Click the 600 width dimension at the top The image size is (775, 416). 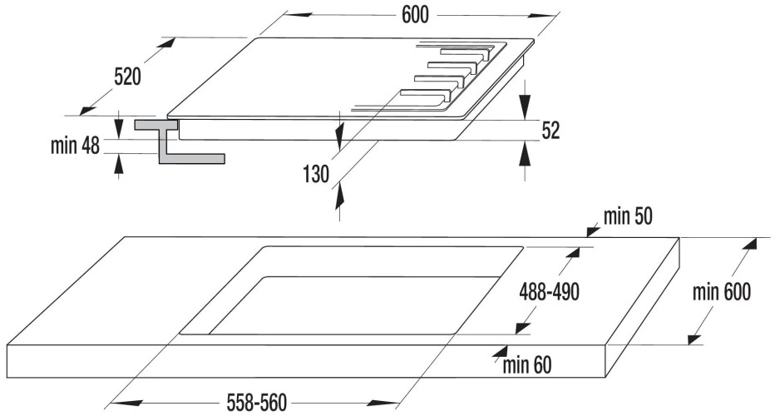point(415,15)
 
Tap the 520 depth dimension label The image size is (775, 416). point(127,77)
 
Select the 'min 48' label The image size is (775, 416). point(75,146)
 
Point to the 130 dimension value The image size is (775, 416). point(316,174)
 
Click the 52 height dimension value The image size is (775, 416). point(550,130)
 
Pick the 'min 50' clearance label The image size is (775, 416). point(628,216)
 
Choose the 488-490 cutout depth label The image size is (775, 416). point(549,292)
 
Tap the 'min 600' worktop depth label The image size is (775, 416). point(722,292)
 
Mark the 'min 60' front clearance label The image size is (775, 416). point(527,365)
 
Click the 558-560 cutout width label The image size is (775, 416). point(256,403)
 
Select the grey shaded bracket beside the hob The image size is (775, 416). point(179,142)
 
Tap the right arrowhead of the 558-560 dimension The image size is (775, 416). point(384,403)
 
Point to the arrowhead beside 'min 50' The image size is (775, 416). point(592,230)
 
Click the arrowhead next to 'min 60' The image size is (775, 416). point(501,352)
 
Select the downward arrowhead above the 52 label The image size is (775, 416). point(526,105)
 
